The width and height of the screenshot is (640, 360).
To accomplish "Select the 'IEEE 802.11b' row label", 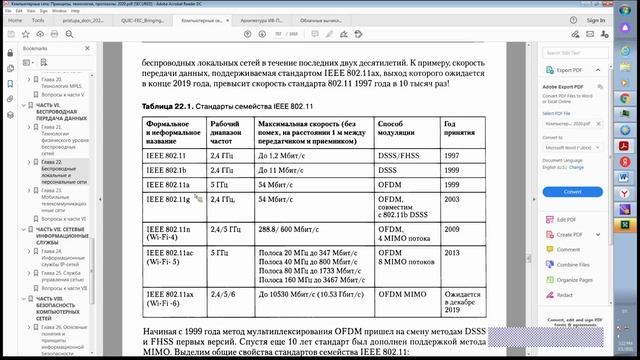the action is tap(167, 171).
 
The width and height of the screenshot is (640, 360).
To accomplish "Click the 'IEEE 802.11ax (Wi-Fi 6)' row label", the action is tap(170, 300).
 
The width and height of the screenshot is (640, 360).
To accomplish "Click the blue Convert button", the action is tap(573, 190).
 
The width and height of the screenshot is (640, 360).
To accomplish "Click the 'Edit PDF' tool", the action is tap(566, 219).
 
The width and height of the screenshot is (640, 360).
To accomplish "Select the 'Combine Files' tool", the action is tap(574, 265).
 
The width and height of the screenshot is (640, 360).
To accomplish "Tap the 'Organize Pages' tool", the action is tap(576, 280).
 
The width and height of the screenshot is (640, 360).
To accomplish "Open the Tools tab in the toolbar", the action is tap(38, 19).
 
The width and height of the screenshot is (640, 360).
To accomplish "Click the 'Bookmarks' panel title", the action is tap(35, 48).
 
